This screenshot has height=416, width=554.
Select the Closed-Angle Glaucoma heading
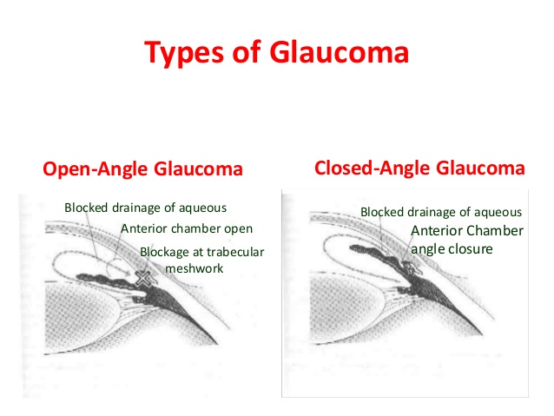(x=419, y=168)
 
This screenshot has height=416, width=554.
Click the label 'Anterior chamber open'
(x=187, y=229)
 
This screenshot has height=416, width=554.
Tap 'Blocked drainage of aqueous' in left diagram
(x=145, y=207)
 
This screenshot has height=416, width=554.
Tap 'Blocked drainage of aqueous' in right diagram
(x=441, y=211)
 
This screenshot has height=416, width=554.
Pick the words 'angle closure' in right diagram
(x=452, y=248)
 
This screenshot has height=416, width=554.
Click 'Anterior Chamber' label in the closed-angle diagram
(x=466, y=231)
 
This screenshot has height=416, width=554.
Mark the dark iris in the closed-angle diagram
(x=373, y=252)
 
